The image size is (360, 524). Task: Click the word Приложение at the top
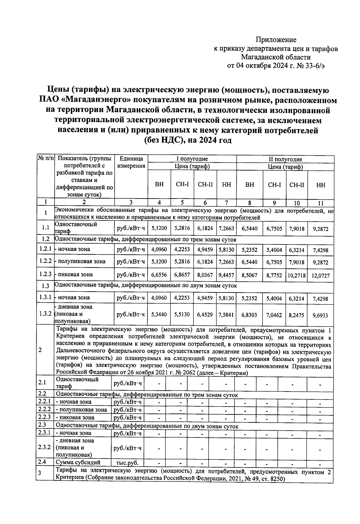click(276, 40)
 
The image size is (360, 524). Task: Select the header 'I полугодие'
click(192, 159)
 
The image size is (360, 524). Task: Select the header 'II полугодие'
click(285, 159)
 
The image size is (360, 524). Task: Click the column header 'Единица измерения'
click(131, 162)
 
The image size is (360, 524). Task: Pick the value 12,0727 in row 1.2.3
click(320, 276)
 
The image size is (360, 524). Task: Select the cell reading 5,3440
click(159, 314)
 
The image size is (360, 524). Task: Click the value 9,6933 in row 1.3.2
click(320, 315)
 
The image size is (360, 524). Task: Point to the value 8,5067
click(249, 275)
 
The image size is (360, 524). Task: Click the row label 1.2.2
click(45, 261)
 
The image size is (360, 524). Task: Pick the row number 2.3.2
click(44, 447)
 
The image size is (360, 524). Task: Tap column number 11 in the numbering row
click(321, 203)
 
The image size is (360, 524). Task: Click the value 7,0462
click(274, 315)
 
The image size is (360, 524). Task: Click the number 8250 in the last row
click(276, 479)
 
